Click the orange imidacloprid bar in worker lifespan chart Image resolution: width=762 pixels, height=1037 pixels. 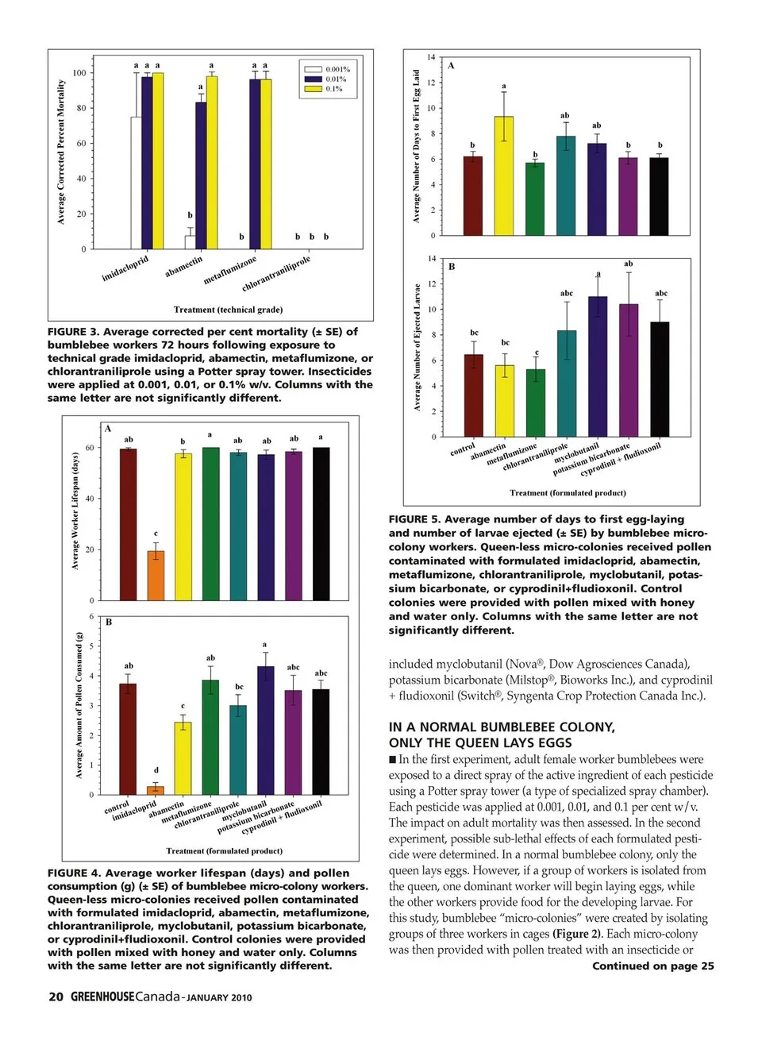[156, 575]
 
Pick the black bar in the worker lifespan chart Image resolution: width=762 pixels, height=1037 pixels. [321, 524]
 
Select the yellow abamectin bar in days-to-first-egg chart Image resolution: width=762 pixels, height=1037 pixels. [503, 176]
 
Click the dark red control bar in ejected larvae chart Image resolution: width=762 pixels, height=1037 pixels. [474, 395]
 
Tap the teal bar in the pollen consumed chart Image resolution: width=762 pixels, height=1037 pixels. [238, 750]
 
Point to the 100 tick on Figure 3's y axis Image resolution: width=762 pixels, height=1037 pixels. [79, 73]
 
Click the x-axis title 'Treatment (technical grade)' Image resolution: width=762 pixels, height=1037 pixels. [228, 310]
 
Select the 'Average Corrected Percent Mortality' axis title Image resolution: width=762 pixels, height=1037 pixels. [61, 152]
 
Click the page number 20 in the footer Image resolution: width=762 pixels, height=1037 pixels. [56, 997]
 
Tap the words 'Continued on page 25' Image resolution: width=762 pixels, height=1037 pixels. [652, 966]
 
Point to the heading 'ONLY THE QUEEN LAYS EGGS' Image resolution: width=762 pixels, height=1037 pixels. [479, 743]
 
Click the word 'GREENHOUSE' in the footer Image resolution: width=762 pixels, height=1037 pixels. [102, 997]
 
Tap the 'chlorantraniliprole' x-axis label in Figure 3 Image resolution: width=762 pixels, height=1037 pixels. [276, 274]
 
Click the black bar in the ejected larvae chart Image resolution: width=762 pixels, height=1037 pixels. [660, 379]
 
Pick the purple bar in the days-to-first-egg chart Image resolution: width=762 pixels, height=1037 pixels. [628, 196]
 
